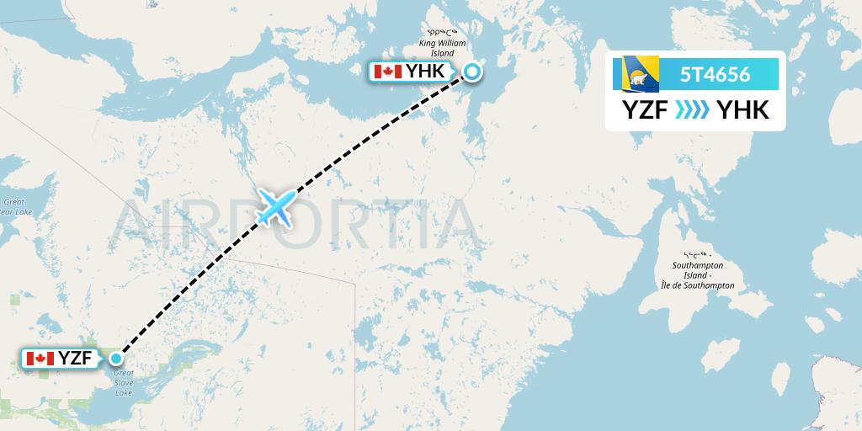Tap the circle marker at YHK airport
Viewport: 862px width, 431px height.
coord(472,72)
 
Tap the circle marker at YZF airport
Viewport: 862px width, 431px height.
coord(116,359)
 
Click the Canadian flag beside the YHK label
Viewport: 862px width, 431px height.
coord(387,72)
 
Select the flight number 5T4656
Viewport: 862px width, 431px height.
coord(715,74)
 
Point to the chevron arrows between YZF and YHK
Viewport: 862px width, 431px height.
coord(693,110)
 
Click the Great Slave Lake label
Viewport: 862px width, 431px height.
coord(123,383)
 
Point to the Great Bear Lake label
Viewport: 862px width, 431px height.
coord(15,207)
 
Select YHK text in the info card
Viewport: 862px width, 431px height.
coord(740,110)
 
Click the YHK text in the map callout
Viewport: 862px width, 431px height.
coord(425,72)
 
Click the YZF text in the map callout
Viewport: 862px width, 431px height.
coord(75,359)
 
